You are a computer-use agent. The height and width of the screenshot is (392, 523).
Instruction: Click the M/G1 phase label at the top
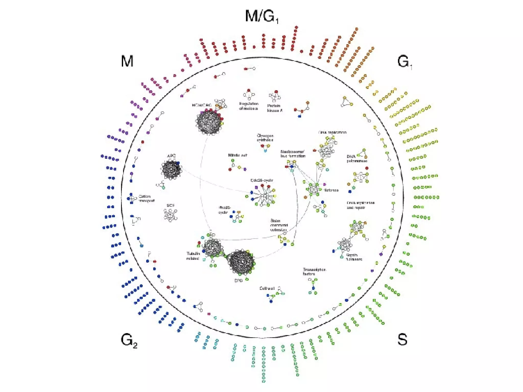click(x=261, y=16)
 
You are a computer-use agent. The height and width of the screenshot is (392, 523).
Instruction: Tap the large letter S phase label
click(x=402, y=340)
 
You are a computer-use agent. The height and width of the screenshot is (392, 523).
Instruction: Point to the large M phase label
click(x=127, y=61)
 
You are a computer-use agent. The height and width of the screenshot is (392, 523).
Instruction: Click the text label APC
click(x=171, y=156)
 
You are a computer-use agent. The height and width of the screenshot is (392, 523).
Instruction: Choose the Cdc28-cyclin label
click(x=262, y=180)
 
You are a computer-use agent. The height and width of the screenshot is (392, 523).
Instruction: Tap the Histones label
click(x=331, y=190)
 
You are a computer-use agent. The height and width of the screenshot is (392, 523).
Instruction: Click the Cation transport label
click(x=147, y=199)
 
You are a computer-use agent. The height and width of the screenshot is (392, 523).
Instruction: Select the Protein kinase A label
click(x=275, y=108)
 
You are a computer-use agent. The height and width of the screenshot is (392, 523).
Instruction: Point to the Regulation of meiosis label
click(x=249, y=106)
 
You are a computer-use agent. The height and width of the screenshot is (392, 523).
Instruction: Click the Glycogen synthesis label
click(x=265, y=138)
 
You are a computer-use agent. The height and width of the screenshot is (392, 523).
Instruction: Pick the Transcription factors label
click(x=314, y=272)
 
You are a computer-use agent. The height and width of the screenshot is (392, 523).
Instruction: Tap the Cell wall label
click(x=267, y=288)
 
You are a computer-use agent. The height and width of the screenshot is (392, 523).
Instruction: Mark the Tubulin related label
click(x=193, y=256)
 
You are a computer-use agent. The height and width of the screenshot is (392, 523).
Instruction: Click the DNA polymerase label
click(x=357, y=159)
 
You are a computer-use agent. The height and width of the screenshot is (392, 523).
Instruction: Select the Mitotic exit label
click(x=237, y=155)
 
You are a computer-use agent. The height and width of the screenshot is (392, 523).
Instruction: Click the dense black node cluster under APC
click(x=171, y=169)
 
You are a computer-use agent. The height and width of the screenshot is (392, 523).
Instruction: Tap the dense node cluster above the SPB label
click(x=241, y=262)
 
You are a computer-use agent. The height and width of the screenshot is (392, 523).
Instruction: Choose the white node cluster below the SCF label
click(x=170, y=215)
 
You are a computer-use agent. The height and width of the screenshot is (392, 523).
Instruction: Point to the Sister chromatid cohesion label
click(x=279, y=225)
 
